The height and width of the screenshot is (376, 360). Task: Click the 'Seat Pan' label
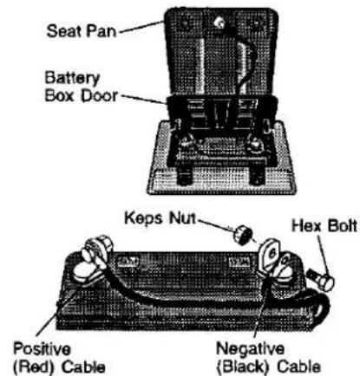82,31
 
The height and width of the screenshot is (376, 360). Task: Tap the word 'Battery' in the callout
72,79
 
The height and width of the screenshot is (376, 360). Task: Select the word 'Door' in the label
99,96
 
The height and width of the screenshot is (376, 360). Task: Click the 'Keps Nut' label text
160,218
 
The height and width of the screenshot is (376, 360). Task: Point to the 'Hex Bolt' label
324,226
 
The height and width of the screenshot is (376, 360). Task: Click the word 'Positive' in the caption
42,348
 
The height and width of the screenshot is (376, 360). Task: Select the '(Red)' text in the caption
34,366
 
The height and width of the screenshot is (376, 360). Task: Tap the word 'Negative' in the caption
251,348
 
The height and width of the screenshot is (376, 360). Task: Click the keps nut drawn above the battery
242,235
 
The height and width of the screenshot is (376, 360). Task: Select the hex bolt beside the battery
321,280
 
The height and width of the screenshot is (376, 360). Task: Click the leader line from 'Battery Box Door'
143,100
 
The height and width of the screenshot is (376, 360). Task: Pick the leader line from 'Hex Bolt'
324,256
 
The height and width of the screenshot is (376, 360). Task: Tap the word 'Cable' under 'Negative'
299,366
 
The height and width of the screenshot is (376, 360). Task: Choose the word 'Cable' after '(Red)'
83,366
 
